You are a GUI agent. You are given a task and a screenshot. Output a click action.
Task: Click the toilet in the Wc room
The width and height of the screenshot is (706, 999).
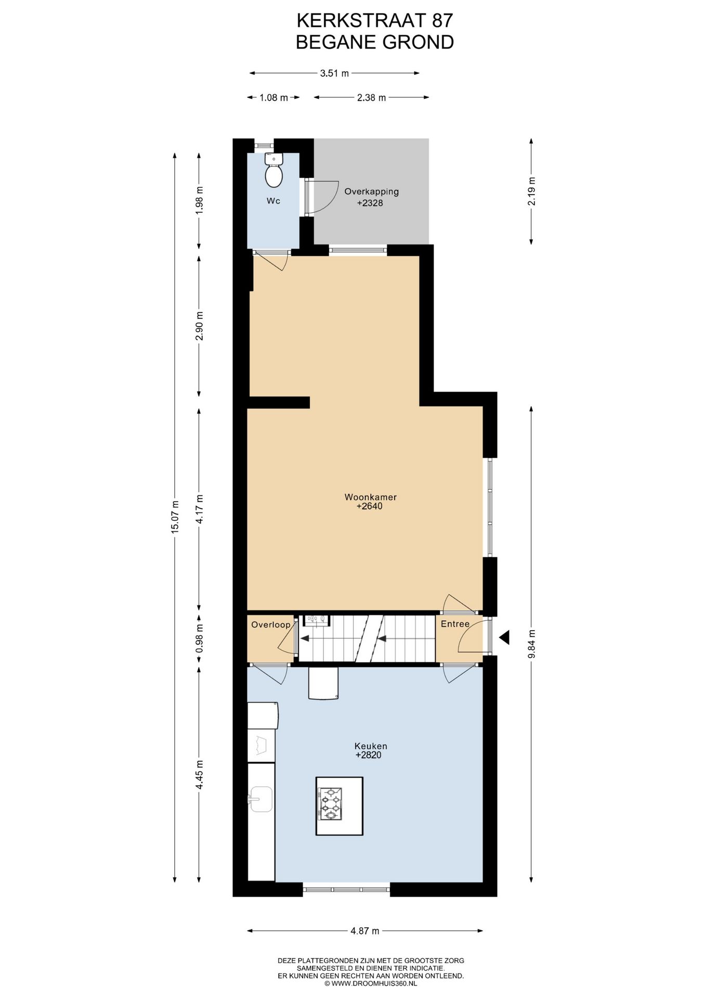(x=273, y=170)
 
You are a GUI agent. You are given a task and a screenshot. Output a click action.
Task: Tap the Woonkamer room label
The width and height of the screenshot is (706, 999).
(x=370, y=497)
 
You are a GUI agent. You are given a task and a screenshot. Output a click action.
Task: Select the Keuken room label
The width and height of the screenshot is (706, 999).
(x=371, y=746)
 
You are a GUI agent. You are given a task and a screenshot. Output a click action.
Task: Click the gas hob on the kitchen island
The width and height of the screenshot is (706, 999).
(x=330, y=804)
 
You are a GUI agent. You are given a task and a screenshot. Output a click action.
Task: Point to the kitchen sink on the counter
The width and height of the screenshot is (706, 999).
(x=261, y=799)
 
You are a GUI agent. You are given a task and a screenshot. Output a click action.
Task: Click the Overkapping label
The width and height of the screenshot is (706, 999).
(x=371, y=191)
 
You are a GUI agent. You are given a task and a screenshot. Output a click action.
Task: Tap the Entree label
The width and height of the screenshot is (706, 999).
(x=455, y=624)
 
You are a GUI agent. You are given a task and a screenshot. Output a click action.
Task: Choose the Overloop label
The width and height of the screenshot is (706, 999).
(x=270, y=625)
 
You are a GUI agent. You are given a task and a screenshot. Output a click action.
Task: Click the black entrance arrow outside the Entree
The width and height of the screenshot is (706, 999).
(x=504, y=637)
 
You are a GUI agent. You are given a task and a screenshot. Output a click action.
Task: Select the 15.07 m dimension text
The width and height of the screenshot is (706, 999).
(x=175, y=516)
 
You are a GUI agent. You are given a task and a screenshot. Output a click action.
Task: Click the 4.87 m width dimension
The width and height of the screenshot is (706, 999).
(x=364, y=931)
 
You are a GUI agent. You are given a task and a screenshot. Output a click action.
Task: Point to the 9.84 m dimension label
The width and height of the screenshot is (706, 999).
(x=531, y=644)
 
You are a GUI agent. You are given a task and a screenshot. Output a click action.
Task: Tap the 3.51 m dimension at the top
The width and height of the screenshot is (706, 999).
(x=334, y=73)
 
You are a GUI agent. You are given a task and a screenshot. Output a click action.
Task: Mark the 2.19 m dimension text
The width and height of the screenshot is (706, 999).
(x=531, y=191)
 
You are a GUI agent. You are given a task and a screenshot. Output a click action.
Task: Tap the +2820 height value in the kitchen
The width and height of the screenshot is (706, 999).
(x=369, y=755)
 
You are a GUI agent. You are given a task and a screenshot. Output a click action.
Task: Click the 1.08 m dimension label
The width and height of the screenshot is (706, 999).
(x=273, y=97)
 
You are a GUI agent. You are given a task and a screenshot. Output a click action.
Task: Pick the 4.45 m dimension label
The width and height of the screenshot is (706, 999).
(x=199, y=775)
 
